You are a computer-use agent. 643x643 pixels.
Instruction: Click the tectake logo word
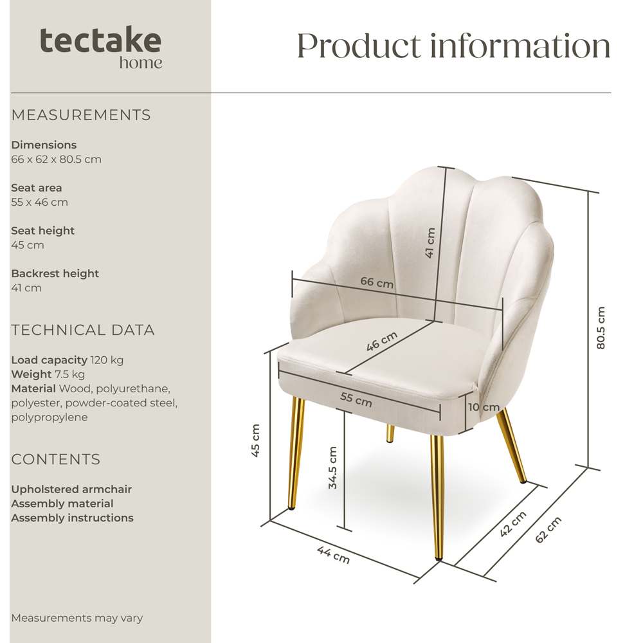[100, 41]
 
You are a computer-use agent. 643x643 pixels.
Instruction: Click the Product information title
[453, 46]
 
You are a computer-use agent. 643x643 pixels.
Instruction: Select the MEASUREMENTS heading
[81, 115]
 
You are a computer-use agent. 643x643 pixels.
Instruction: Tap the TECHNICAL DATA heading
[83, 330]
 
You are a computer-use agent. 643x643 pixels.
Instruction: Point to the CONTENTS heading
[56, 459]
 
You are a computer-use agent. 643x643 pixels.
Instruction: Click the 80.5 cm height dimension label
[601, 328]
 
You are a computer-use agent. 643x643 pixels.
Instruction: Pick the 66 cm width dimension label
[377, 282]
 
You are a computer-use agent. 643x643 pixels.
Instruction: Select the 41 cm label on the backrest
[430, 243]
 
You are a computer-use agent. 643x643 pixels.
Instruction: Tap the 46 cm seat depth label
[382, 341]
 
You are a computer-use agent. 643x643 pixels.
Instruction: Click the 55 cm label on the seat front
[356, 399]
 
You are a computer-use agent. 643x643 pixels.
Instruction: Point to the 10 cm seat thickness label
[483, 407]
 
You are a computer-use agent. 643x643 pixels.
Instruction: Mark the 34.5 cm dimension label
[332, 468]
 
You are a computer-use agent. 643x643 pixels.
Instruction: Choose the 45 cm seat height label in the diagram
[255, 440]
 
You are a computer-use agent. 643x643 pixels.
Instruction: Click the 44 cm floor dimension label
[333, 554]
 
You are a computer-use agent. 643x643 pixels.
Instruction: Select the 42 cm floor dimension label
[514, 524]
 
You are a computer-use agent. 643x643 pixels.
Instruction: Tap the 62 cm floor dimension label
[548, 529]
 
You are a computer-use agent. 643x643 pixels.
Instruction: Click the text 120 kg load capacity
[107, 360]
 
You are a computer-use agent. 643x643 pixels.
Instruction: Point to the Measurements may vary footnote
[77, 618]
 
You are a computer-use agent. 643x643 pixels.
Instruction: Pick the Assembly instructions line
[72, 518]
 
